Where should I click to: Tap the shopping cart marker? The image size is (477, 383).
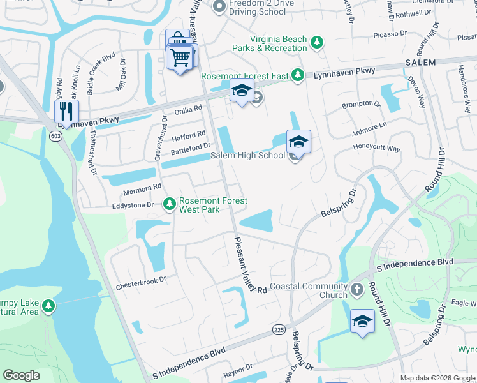(180, 58)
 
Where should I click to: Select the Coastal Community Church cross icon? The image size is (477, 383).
(357, 289)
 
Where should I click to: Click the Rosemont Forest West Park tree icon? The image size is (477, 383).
(170, 204)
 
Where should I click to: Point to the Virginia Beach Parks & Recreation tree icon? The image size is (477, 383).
(317, 43)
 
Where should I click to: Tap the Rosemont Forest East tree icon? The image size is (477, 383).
(297, 75)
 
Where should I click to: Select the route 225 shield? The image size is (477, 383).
(278, 329)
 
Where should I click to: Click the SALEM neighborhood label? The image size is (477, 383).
(420, 63)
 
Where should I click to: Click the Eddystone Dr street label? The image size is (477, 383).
(133, 205)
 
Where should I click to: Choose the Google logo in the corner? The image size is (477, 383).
(21, 375)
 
